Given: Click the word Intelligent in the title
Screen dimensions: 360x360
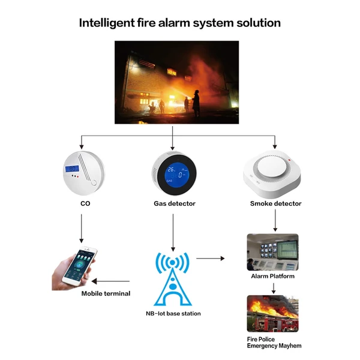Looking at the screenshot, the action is pyautogui.click(x=107, y=23).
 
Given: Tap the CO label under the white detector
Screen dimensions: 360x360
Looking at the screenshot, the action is pyautogui.click(x=85, y=203).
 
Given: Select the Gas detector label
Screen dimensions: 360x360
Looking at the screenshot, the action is pyautogui.click(x=175, y=203).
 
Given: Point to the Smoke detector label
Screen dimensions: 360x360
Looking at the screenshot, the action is pyautogui.click(x=275, y=203).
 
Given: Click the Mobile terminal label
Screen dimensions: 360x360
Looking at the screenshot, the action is pyautogui.click(x=106, y=293).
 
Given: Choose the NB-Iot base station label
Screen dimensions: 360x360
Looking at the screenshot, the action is pyautogui.click(x=173, y=313).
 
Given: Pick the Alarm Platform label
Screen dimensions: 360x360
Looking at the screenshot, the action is pyautogui.click(x=273, y=276).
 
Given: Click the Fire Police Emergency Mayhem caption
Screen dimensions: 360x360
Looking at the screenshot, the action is pyautogui.click(x=274, y=343).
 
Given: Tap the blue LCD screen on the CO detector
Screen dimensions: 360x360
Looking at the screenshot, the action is pyautogui.click(x=72, y=169).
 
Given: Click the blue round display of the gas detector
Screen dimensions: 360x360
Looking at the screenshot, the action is pyautogui.click(x=177, y=175).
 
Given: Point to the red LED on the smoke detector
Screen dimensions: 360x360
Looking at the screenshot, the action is pyautogui.click(x=289, y=160).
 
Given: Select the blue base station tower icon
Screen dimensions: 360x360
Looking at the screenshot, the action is pyautogui.click(x=173, y=279).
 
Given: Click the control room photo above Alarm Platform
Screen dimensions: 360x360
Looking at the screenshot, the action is pyautogui.click(x=273, y=252).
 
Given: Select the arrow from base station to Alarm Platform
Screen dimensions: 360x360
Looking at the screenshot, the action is pyautogui.click(x=211, y=259).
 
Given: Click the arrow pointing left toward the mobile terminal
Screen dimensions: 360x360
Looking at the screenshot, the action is pyautogui.click(x=110, y=281).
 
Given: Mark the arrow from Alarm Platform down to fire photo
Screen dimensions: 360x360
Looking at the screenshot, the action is pyautogui.click(x=274, y=289).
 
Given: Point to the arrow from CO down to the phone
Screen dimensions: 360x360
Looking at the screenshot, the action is pyautogui.click(x=81, y=229).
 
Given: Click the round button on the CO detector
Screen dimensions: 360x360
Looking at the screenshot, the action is pyautogui.click(x=94, y=183).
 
